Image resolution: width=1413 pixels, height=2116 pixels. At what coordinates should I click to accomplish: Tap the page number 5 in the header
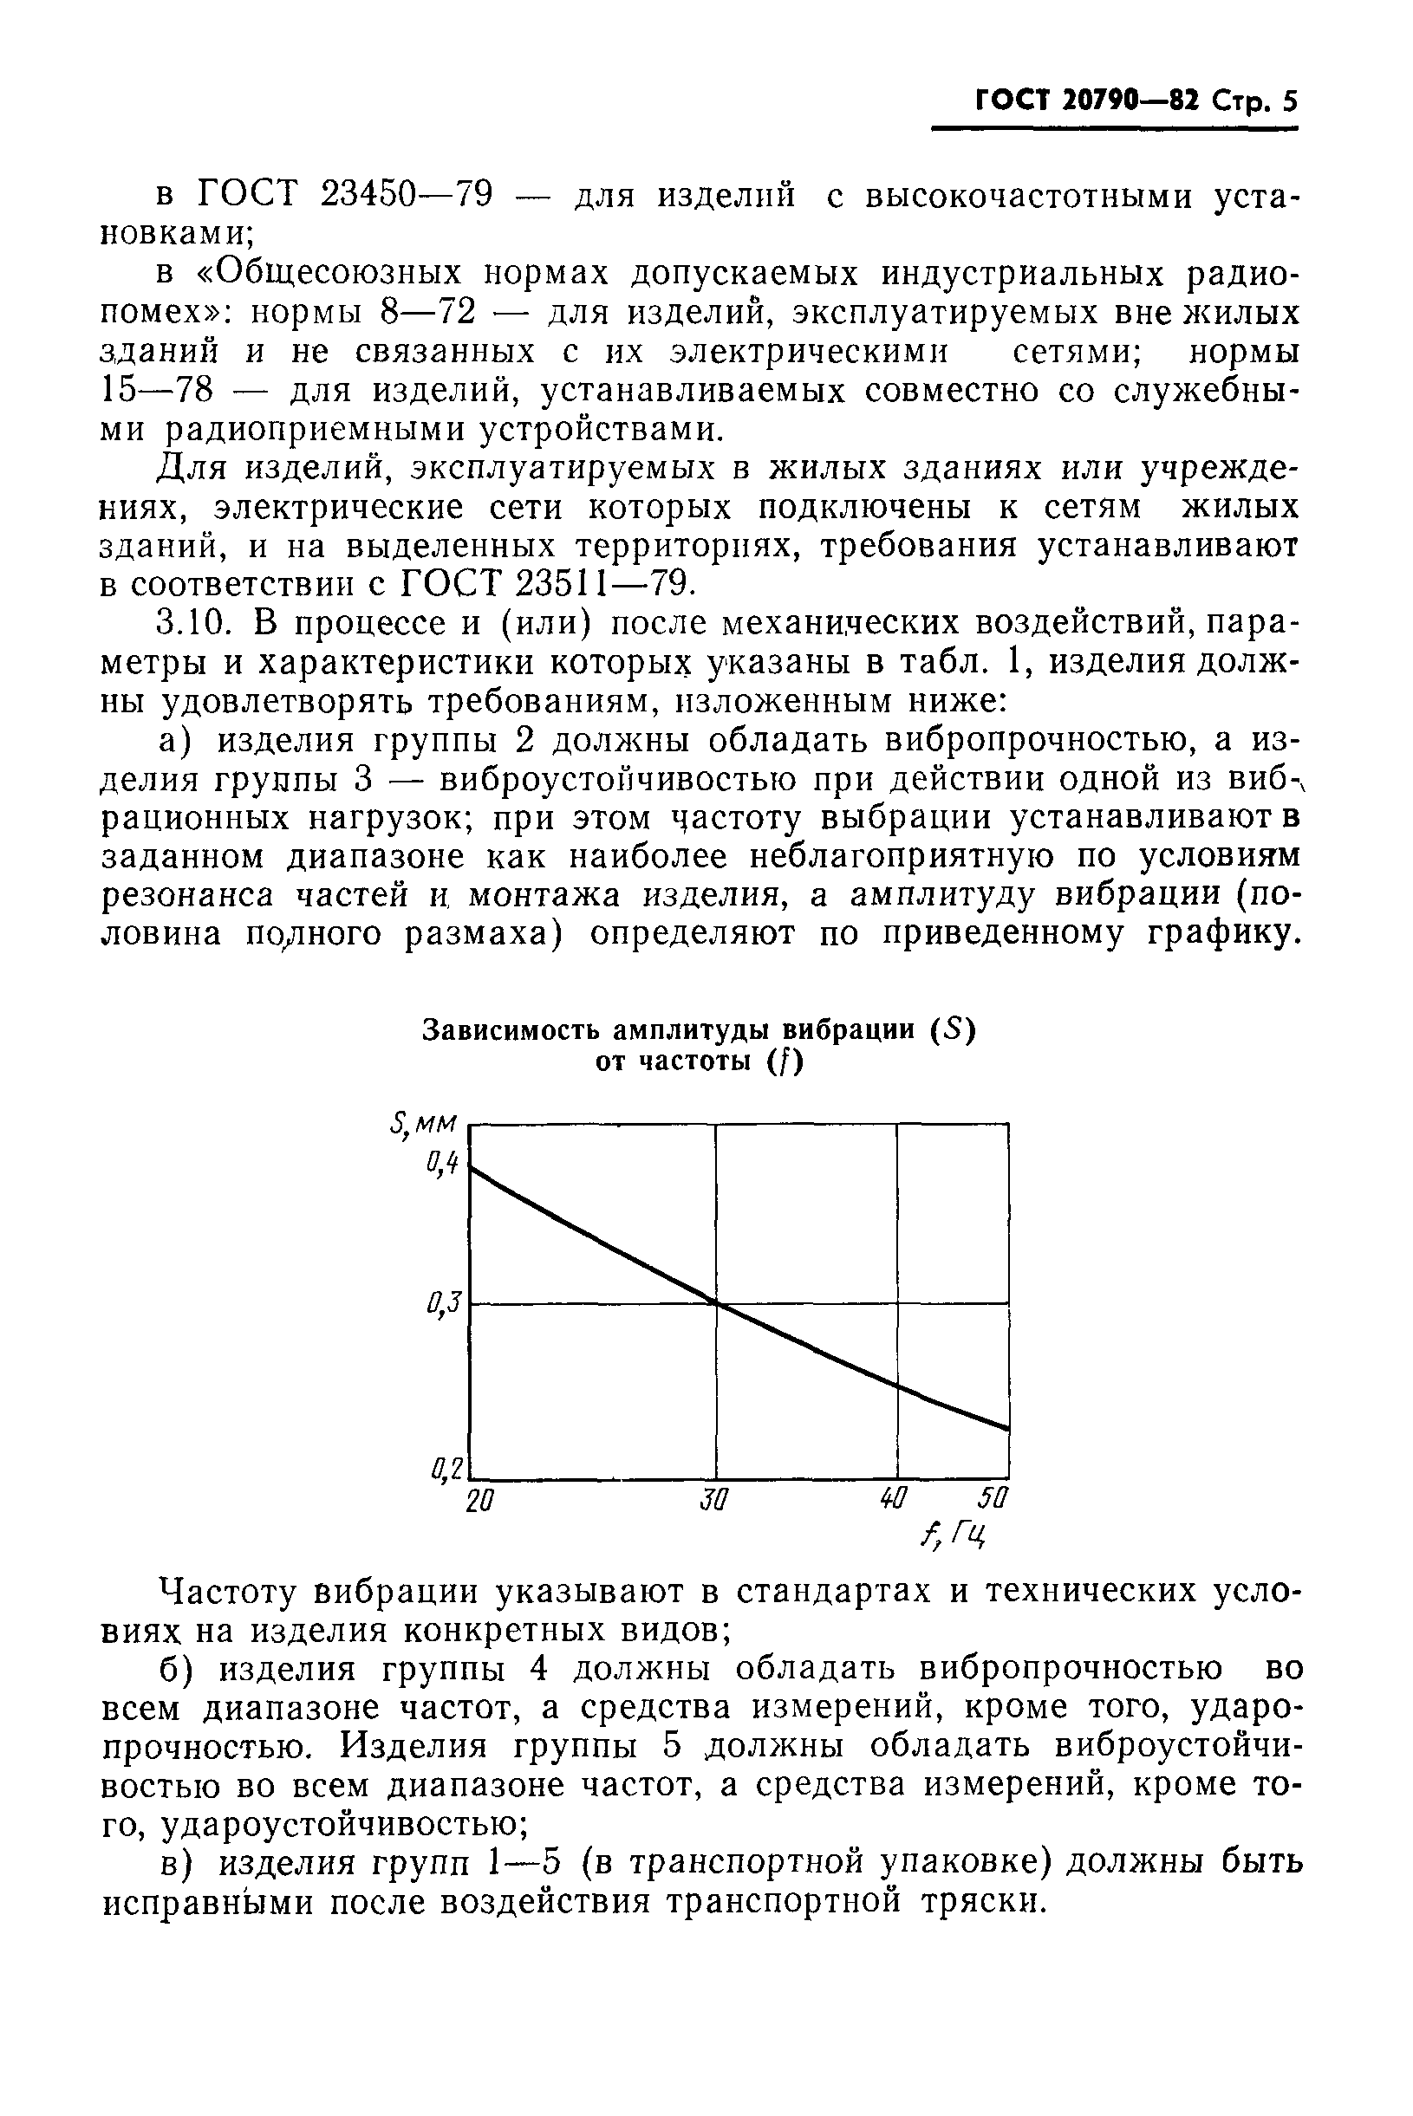click(1290, 101)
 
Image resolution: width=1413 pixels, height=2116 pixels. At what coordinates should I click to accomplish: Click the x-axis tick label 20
click(480, 1502)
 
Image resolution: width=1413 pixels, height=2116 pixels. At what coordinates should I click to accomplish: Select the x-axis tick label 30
click(713, 1502)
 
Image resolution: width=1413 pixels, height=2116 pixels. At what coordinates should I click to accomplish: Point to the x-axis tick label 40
click(893, 1501)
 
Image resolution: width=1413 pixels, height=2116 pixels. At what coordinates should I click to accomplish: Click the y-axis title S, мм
click(424, 1124)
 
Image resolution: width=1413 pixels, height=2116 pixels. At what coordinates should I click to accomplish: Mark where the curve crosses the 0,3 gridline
click(716, 1303)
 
